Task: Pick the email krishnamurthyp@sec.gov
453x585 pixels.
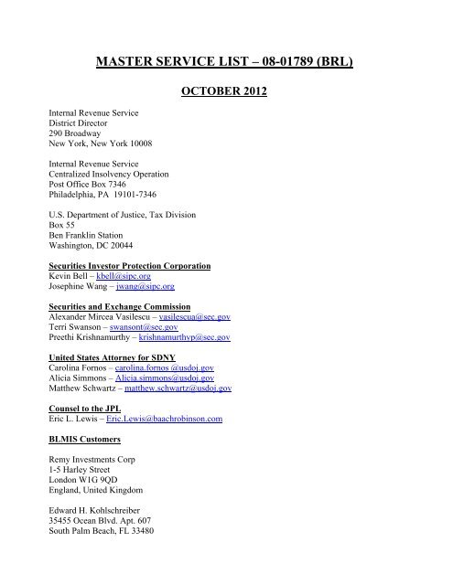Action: click(185, 337)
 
